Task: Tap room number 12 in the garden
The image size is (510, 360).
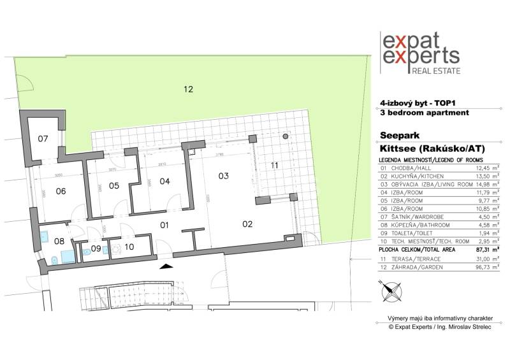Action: click(188, 90)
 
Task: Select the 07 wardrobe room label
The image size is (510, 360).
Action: click(43, 139)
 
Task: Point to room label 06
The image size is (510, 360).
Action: click(61, 191)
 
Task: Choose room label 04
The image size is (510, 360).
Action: click(165, 182)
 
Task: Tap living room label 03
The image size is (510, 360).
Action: click(223, 175)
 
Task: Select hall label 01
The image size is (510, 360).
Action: click(163, 225)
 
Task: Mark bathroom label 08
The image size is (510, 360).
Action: click(59, 241)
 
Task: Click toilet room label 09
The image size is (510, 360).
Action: click(96, 248)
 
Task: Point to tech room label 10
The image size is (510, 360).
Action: click(128, 246)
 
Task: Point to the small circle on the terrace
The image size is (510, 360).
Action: click(286, 136)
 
